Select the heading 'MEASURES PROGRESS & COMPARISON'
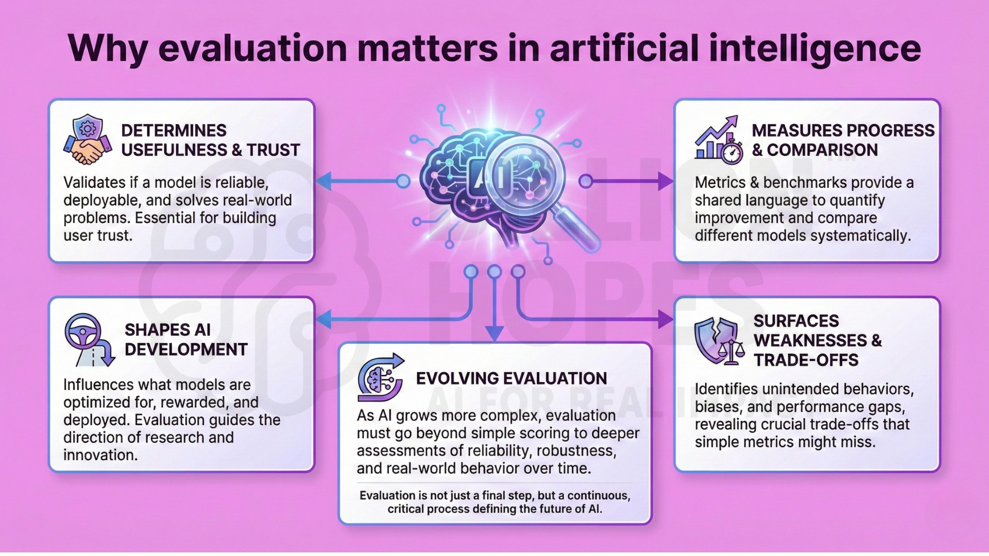[843, 140]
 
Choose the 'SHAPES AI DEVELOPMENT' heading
[186, 340]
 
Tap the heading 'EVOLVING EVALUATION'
[511, 378]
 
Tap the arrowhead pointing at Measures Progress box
[666, 181]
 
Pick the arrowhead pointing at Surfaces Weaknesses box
[666, 319]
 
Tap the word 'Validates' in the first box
[94, 183]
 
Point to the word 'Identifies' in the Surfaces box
[727, 389]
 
